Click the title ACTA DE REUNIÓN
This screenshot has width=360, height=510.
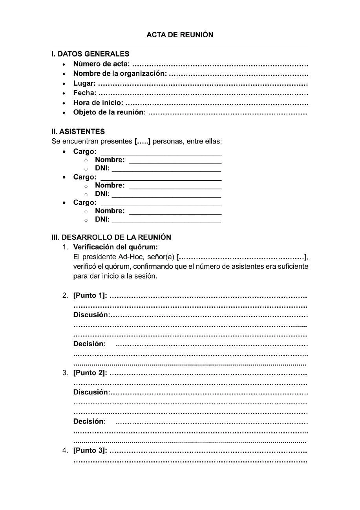[180, 35]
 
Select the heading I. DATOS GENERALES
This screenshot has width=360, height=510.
[90, 54]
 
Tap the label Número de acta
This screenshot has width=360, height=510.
[102, 64]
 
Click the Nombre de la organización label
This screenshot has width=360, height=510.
[120, 73]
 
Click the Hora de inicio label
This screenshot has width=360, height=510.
[98, 103]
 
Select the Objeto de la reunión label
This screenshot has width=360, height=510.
[110, 113]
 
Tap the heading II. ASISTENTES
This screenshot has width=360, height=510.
[78, 132]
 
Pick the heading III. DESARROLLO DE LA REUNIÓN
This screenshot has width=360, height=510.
[111, 237]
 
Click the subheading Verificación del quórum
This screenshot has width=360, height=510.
[115, 247]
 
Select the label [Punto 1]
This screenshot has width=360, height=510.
[90, 295]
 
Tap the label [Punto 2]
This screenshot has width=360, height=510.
[90, 373]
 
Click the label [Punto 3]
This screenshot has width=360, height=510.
[90, 450]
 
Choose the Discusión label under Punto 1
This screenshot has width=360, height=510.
[91, 315]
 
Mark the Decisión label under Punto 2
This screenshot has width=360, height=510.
[90, 422]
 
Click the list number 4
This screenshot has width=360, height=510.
[65, 450]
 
